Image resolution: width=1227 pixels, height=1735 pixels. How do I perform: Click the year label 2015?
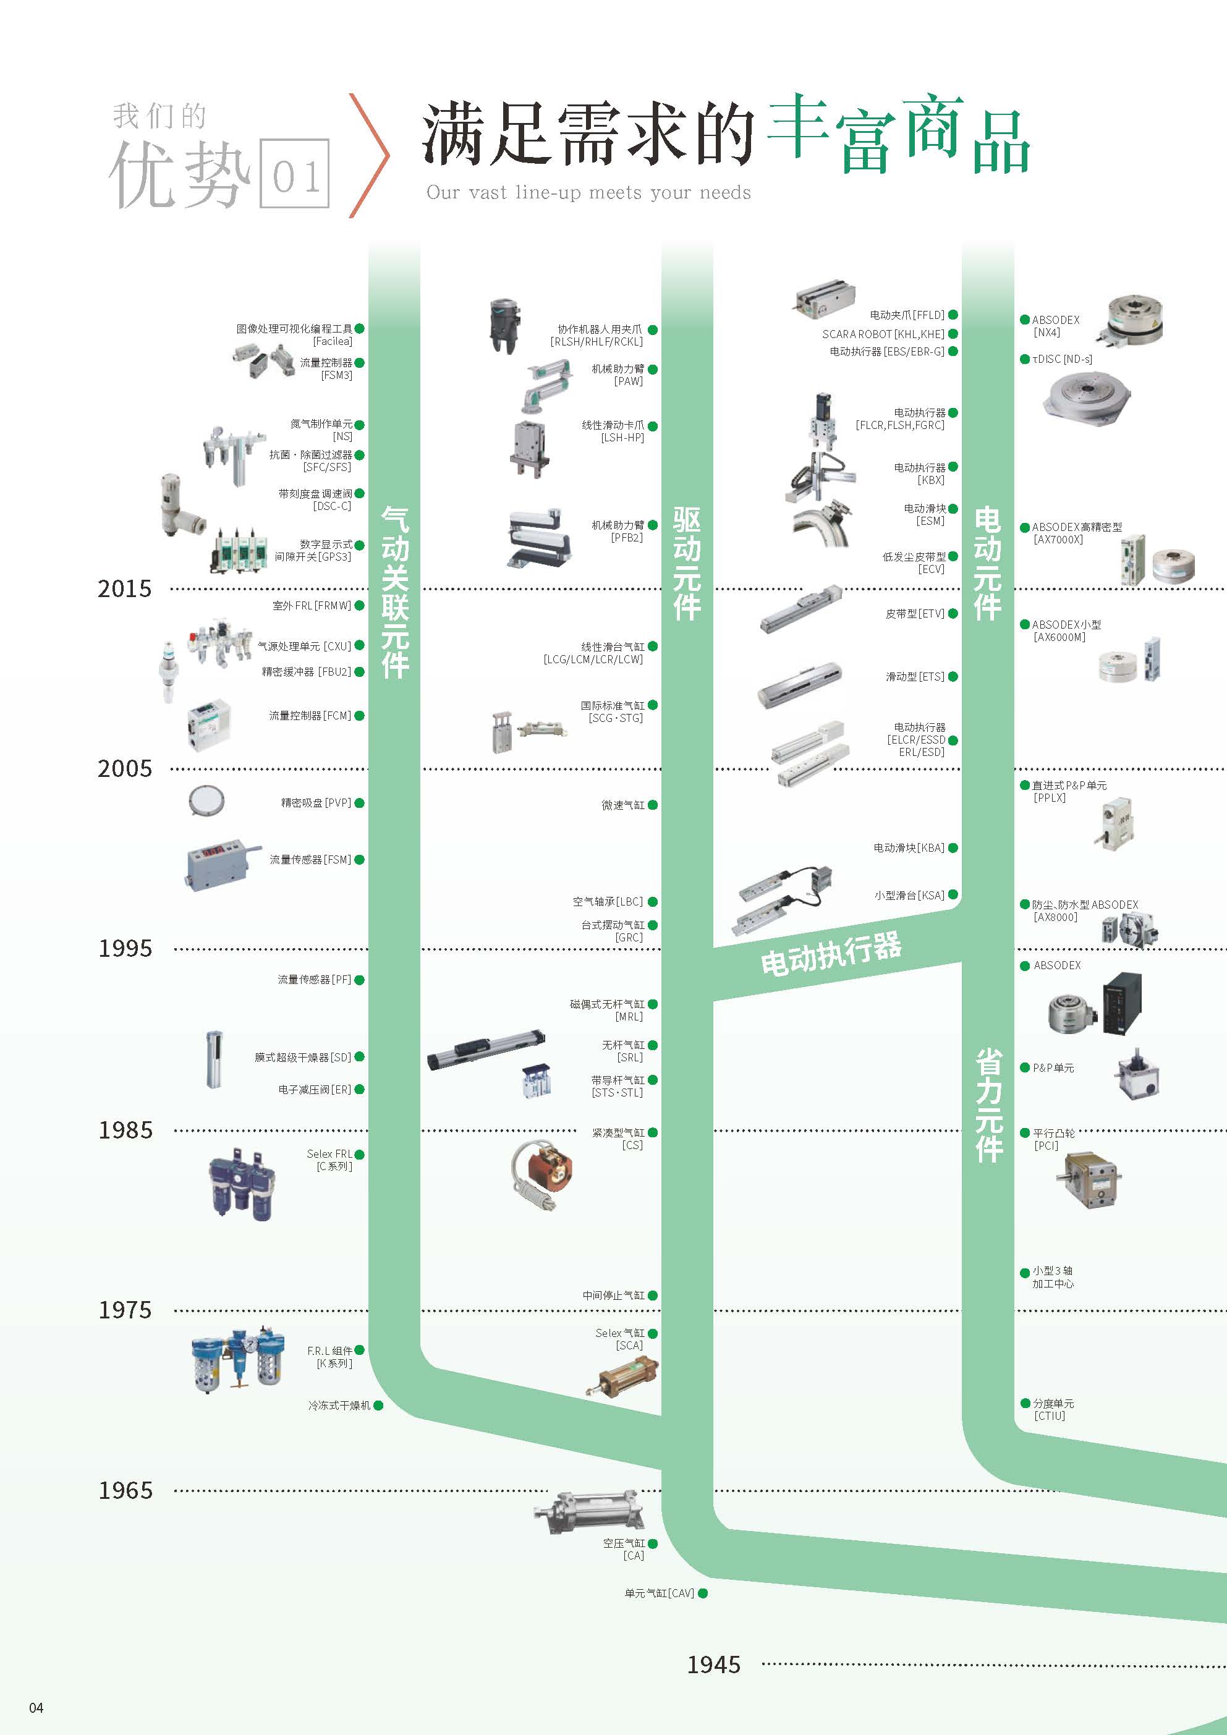click(x=125, y=588)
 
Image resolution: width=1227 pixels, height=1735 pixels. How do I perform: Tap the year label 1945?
click(x=713, y=1664)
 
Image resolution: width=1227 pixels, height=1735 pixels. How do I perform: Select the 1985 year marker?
click(x=125, y=1130)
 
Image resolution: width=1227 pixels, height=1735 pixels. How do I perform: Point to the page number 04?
click(x=36, y=1707)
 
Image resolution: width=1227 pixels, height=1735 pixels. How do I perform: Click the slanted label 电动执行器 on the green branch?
click(x=831, y=954)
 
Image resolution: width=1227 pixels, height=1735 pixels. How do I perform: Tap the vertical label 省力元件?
click(x=988, y=1105)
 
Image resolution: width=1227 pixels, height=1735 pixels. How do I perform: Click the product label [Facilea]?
click(x=333, y=342)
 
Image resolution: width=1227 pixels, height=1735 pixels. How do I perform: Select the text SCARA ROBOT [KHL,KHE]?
click(x=883, y=334)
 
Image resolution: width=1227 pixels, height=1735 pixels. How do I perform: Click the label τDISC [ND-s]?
click(x=1061, y=359)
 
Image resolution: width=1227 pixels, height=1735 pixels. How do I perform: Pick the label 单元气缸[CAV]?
click(x=659, y=1593)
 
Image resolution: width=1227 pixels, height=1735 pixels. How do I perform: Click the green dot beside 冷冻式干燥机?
click(x=378, y=1406)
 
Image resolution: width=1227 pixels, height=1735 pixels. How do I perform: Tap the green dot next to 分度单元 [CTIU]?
click(x=1025, y=1403)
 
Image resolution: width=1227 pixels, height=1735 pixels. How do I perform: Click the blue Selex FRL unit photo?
click(x=241, y=1185)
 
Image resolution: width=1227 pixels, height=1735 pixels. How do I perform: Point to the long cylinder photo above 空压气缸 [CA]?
click(x=589, y=1511)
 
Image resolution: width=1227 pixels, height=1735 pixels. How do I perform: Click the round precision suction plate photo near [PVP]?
click(x=206, y=800)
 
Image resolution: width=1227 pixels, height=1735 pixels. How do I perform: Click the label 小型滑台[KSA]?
click(x=909, y=896)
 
